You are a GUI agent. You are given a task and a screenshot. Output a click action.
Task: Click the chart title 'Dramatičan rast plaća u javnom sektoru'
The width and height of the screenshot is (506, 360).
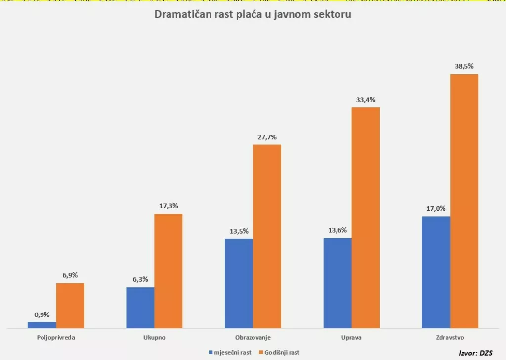coord(253,14)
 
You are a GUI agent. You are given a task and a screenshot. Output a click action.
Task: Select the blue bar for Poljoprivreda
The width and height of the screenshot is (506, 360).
coord(42,325)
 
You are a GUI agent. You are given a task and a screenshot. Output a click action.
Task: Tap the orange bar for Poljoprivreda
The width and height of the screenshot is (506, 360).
coord(70,306)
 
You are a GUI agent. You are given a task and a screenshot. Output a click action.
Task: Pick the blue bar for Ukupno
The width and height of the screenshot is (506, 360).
coord(140,308)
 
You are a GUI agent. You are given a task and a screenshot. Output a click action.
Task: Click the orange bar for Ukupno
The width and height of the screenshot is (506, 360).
coord(169,271)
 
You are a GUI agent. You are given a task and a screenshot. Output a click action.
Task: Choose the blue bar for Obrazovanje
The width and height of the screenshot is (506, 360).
coord(239,283)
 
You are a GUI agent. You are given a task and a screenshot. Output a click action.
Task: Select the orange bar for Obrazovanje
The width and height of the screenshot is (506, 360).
coord(267,236)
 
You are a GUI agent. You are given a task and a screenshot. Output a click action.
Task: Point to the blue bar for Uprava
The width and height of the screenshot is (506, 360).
coord(337,283)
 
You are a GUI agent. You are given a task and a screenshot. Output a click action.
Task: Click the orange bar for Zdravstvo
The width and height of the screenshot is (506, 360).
coord(464,201)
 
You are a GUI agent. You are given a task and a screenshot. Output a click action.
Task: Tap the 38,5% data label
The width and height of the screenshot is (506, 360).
coord(464,66)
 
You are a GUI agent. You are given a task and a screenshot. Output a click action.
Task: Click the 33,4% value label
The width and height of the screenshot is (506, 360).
coord(366,100)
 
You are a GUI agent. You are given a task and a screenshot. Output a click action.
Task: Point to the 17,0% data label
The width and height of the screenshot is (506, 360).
coord(436,208)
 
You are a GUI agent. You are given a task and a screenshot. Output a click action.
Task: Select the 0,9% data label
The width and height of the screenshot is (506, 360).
coord(42,315)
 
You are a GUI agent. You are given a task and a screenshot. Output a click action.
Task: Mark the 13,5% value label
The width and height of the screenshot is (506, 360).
coord(239,231)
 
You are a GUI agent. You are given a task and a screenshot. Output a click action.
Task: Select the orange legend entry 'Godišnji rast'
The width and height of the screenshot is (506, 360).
coord(279,352)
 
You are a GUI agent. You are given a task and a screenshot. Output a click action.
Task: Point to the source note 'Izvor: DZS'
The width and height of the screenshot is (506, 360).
coord(475,352)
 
